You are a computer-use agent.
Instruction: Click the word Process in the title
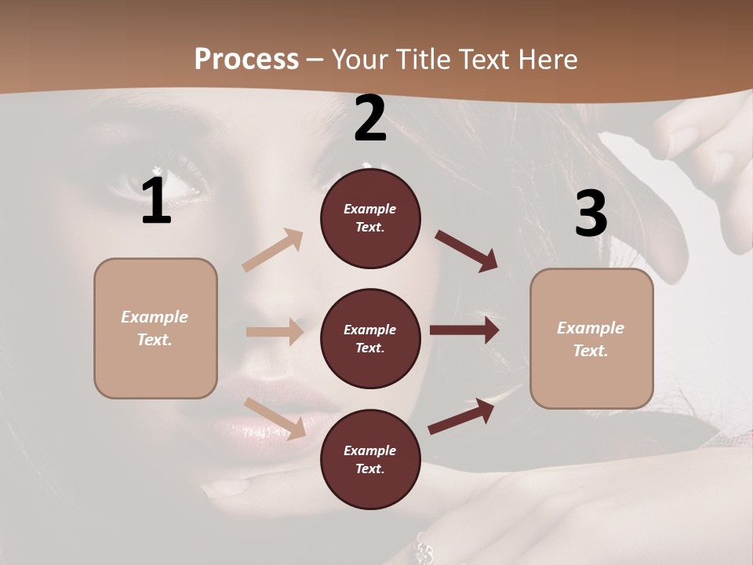[x=246, y=60]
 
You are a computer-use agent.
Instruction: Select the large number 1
[x=156, y=202]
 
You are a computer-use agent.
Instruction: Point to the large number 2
[x=370, y=118]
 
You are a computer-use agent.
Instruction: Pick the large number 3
[x=591, y=214]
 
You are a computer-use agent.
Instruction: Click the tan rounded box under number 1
[x=155, y=328]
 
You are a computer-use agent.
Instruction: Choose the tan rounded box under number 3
[x=591, y=338]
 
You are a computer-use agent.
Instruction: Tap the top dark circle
[x=370, y=218]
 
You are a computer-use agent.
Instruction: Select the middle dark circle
[x=370, y=338]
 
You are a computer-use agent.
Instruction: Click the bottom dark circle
[x=370, y=459]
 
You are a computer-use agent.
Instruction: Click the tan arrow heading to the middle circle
[x=275, y=332]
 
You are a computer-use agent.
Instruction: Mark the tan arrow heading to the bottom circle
[x=275, y=418]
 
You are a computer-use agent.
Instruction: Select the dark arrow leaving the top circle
[x=466, y=251]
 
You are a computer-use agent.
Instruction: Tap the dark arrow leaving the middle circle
[x=464, y=330]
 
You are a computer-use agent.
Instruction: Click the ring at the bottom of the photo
[x=424, y=549]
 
